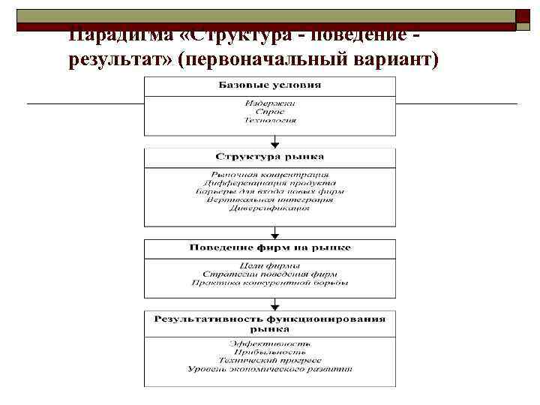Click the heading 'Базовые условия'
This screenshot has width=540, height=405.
tap(270, 85)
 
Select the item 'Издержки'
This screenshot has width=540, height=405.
tap(270, 103)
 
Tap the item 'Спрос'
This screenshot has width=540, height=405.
tap(270, 111)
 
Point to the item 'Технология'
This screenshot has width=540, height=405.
tap(270, 119)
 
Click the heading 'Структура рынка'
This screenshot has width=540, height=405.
tap(270, 157)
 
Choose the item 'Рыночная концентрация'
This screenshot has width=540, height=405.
tap(270, 174)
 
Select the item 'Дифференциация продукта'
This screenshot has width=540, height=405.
tap(270, 182)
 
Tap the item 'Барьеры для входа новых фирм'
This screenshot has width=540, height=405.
tap(270, 191)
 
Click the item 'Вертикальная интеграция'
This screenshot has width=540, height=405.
tap(270, 199)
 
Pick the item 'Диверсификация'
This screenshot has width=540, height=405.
tap(270, 208)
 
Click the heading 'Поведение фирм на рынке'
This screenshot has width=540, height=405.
tap(270, 247)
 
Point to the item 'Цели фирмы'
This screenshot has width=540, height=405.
tap(270, 265)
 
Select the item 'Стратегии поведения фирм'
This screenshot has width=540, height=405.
tap(270, 274)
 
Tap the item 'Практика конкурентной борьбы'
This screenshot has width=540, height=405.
tap(270, 283)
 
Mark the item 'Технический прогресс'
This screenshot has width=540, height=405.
tap(270, 361)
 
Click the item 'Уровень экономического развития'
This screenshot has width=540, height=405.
tap(270, 369)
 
